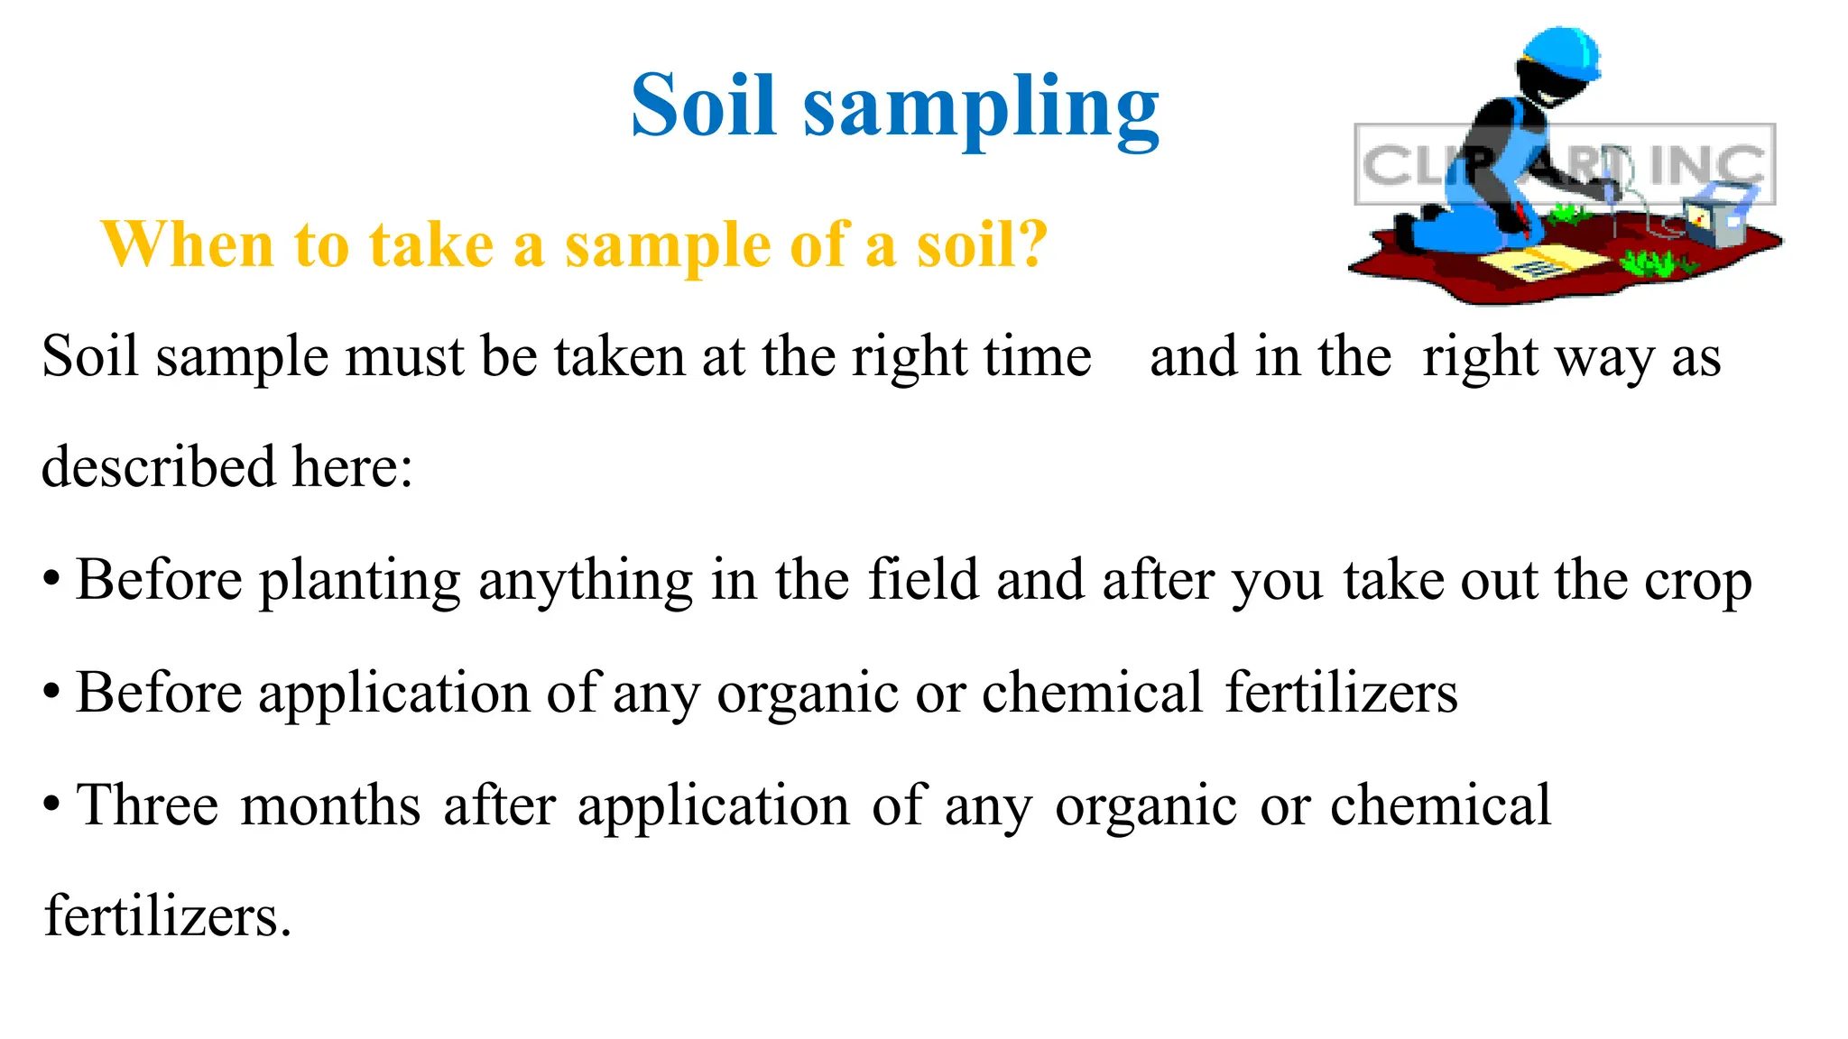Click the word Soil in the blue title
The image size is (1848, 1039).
703,106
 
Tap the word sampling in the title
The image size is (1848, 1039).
981,110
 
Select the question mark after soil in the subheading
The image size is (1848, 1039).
1030,244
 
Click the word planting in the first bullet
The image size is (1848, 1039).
360,582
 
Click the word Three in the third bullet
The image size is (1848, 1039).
148,805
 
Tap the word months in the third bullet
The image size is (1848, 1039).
330,805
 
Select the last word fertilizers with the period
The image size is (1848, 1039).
168,916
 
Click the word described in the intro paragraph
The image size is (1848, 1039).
158,467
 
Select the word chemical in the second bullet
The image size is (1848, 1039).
1092,694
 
